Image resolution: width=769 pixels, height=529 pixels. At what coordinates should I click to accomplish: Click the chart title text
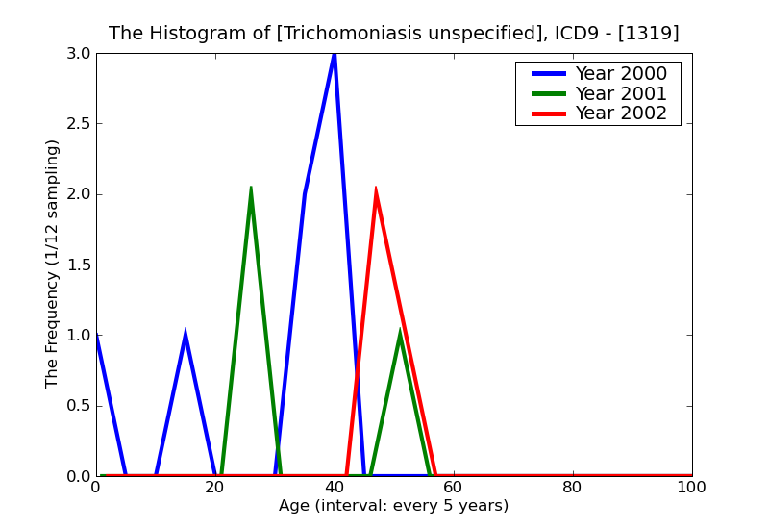click(394, 34)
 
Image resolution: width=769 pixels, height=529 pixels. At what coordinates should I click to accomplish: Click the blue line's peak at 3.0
click(335, 54)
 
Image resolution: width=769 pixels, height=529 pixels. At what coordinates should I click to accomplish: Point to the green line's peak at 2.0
click(251, 189)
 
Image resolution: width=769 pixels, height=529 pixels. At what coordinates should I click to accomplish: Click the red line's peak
click(376, 189)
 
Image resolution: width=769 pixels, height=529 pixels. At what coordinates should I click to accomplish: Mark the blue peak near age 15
click(186, 335)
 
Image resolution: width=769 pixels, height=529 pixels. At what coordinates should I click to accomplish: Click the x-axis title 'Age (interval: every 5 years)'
click(394, 506)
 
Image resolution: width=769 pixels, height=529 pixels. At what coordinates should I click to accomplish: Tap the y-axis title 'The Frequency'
click(53, 264)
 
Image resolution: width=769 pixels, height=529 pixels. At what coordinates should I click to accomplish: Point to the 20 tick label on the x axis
click(215, 488)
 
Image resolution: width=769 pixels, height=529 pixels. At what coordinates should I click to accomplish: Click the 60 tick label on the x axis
click(454, 488)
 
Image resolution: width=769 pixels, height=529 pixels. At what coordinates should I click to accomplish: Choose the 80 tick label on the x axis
click(573, 488)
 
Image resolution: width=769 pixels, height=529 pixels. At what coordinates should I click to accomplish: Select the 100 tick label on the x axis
click(692, 488)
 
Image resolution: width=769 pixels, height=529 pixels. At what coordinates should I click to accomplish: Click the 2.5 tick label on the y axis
click(78, 124)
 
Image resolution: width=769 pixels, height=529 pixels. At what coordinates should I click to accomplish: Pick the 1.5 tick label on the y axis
click(78, 264)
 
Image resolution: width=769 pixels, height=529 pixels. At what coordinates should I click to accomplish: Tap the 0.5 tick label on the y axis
click(78, 406)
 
